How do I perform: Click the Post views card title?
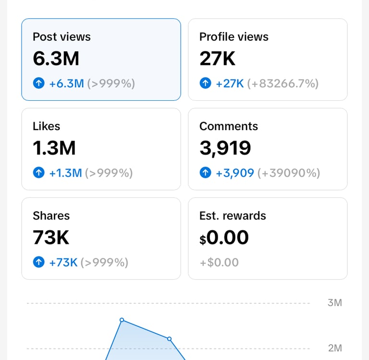61,37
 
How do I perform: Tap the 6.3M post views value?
56,59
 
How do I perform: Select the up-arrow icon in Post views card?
38,84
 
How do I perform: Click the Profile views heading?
234,37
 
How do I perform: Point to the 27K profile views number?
217,59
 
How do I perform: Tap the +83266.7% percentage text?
283,84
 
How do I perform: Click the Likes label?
47,126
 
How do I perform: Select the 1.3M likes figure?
54,148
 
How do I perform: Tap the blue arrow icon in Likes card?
38,173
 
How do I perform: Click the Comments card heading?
229,126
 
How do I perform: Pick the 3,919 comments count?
225,148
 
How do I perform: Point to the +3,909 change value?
234,173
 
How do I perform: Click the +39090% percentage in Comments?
289,173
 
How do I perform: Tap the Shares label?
51,216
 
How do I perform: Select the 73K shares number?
51,238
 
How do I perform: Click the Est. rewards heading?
233,216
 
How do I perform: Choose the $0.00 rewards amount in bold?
224,238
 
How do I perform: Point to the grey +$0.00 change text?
219,263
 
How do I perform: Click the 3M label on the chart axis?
334,303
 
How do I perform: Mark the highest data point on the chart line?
122,320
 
